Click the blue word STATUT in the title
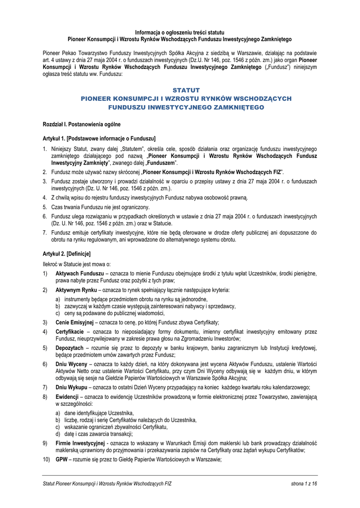pos(186,90)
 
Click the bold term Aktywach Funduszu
pos(79,273)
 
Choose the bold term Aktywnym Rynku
pos(76,290)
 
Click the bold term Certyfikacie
pos(69,331)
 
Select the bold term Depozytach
pos(70,348)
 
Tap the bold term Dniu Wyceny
pos(72,364)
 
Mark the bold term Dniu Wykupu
pos(72,387)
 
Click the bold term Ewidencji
pos(67,397)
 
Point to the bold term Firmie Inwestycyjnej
pos(80,443)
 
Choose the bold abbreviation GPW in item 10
pos(61,459)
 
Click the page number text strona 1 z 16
pos(304,483)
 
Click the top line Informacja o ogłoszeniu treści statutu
pos(179,32)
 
